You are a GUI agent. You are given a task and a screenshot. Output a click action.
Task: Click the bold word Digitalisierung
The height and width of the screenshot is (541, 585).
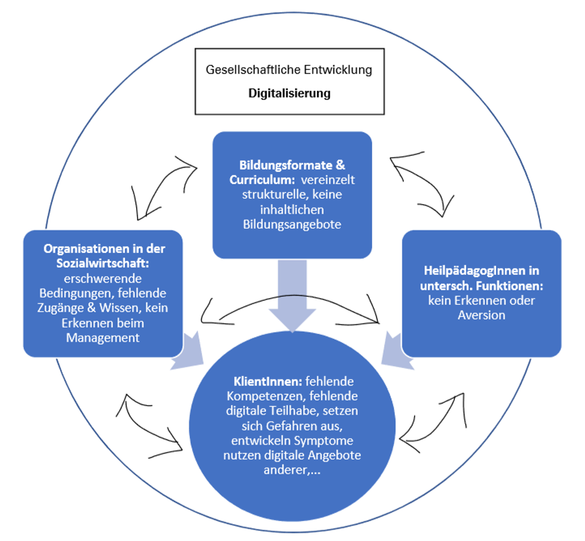[x=289, y=93]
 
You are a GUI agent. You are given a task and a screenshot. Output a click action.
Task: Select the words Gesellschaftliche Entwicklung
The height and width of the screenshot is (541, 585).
[x=289, y=69]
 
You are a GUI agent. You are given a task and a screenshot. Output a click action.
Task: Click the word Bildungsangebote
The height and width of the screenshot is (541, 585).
[x=292, y=224]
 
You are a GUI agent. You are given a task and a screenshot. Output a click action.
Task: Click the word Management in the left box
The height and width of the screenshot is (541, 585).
[x=103, y=338]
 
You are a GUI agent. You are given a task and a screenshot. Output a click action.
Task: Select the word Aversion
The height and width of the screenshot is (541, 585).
[x=482, y=315]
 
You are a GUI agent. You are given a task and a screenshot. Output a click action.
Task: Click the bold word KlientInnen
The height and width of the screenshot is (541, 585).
[x=268, y=381]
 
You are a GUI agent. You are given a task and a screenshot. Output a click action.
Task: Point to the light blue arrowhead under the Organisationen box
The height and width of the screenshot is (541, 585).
[x=190, y=353]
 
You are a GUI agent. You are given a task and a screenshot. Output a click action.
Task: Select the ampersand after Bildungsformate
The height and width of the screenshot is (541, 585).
[x=340, y=165]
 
